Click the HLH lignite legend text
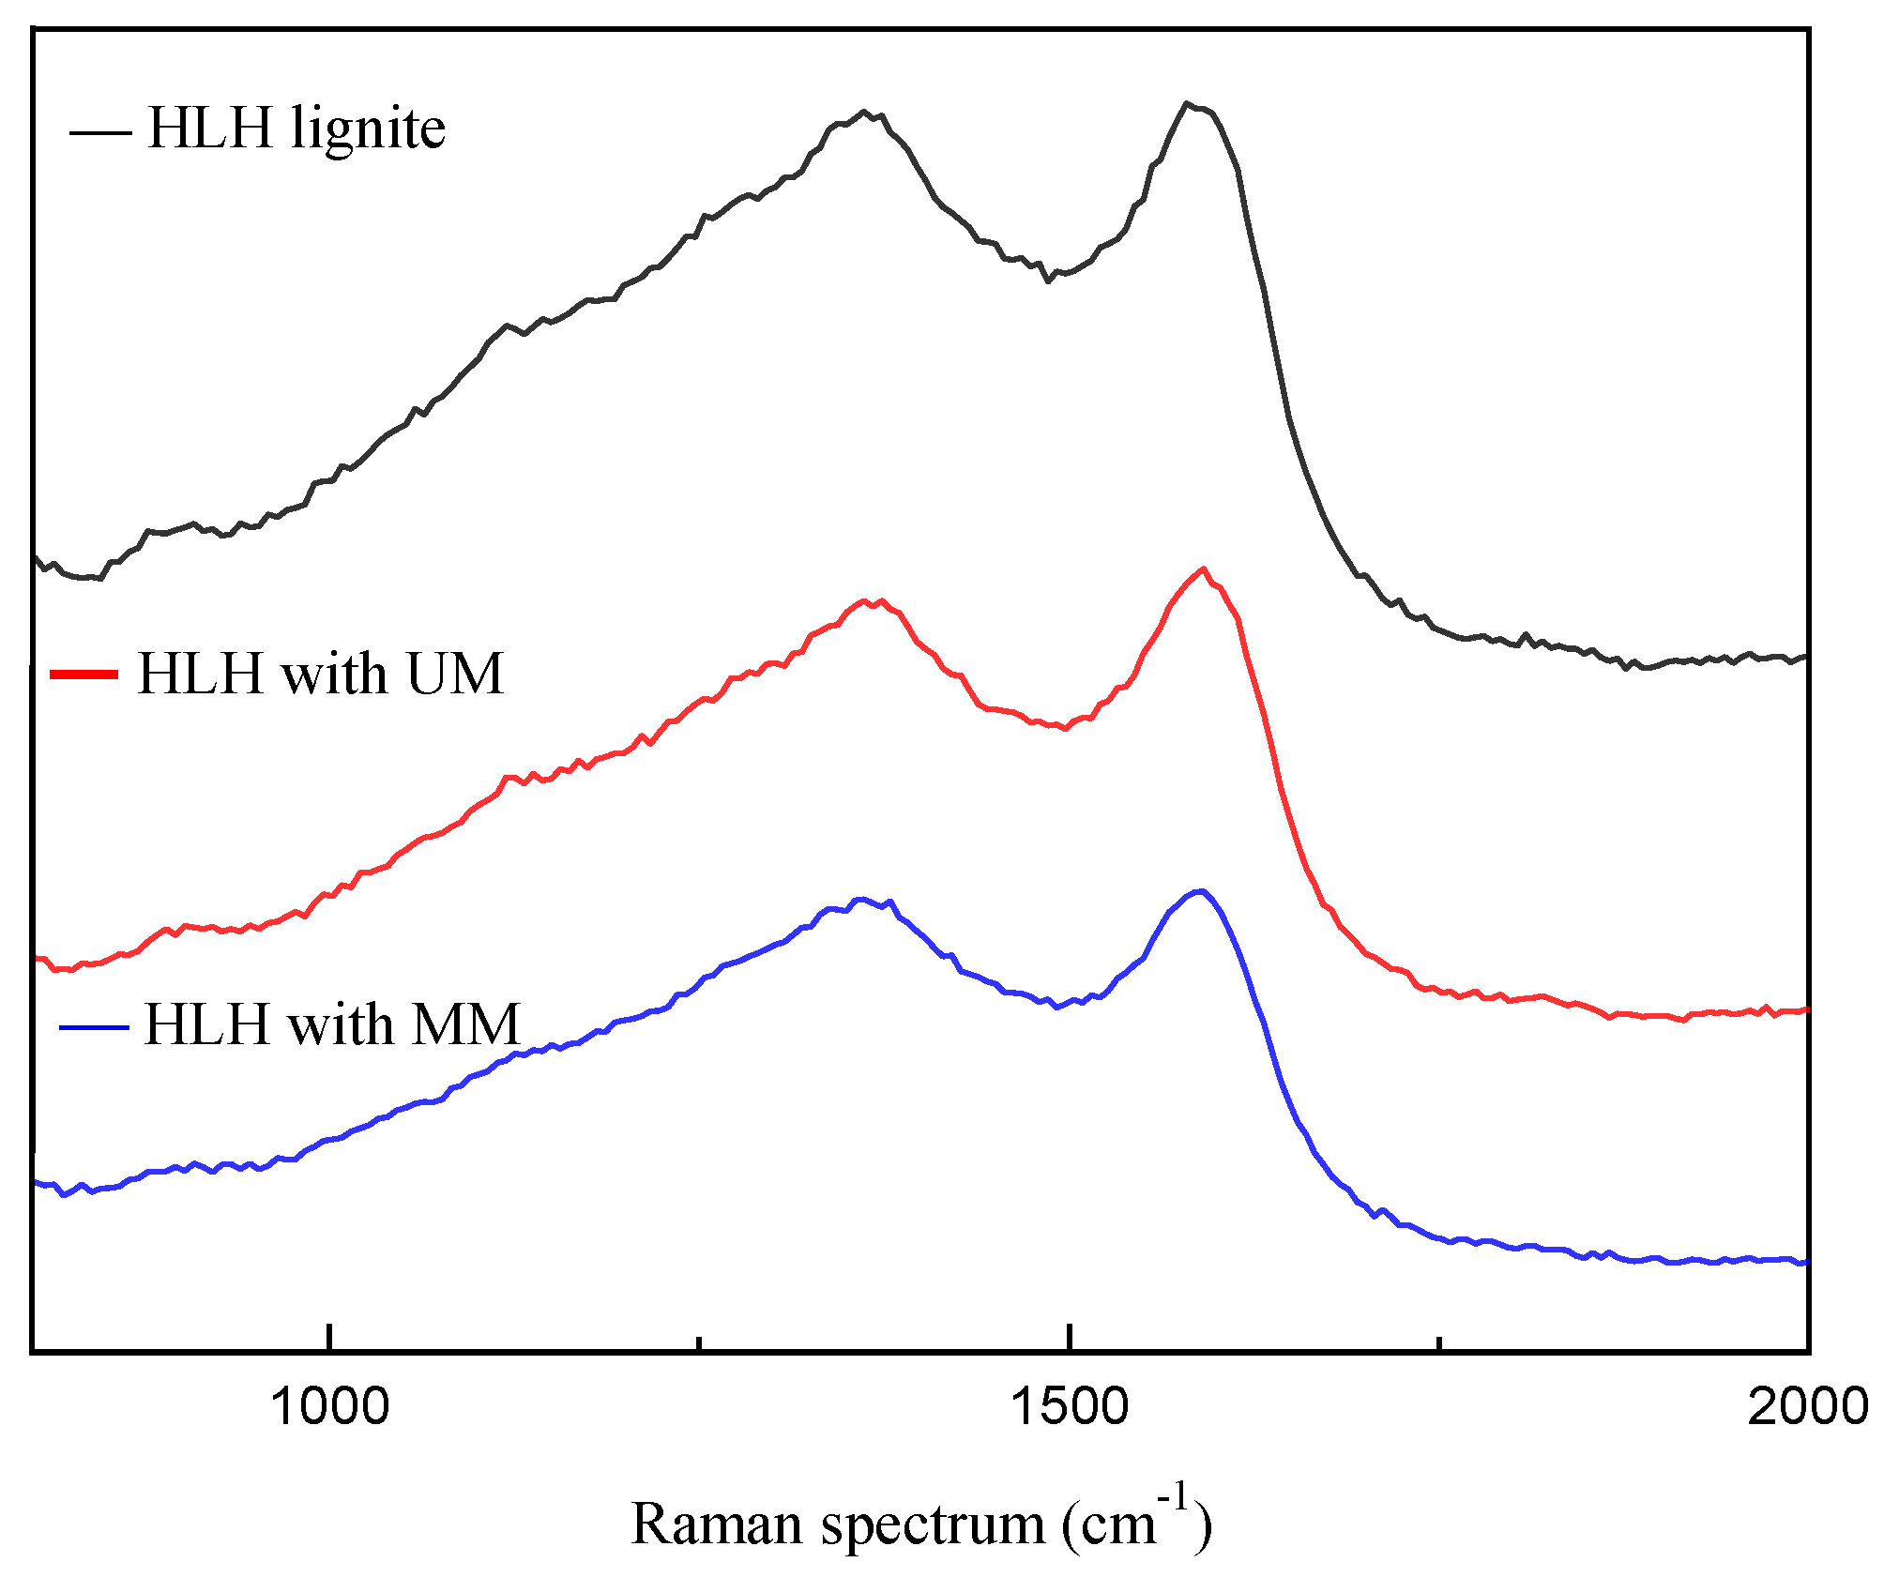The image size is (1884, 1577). [296, 129]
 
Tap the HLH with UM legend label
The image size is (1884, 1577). [321, 674]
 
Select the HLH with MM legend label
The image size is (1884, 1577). [332, 1024]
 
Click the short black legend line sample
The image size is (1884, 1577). [100, 132]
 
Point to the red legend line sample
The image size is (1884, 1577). [84, 675]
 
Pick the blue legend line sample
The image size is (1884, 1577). [93, 1027]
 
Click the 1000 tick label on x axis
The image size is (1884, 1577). [329, 1406]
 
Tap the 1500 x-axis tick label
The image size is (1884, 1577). [1069, 1406]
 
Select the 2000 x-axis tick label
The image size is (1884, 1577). [1807, 1406]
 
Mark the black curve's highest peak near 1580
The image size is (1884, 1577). [1187, 103]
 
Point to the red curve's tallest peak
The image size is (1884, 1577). [1203, 569]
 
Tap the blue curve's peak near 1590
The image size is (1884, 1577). [1200, 890]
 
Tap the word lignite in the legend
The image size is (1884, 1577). [368, 129]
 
